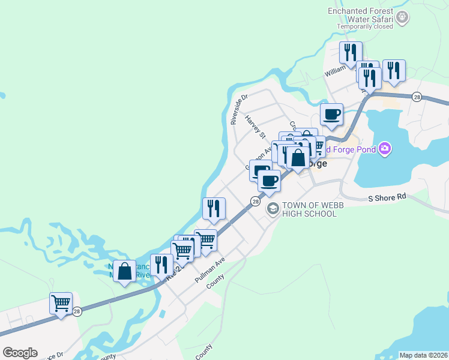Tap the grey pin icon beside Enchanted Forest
coord(403,17)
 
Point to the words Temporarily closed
coord(365,26)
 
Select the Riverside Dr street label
coord(239,109)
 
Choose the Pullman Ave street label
coord(209,271)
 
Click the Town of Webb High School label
coord(309,209)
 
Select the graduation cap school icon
coord(273,208)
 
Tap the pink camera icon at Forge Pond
coord(385,148)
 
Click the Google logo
coord(20,353)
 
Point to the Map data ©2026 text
coord(423,355)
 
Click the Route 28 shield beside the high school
coord(256,202)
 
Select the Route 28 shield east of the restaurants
coord(417,97)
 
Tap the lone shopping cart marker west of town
coord(61,303)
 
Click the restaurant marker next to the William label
coord(350,53)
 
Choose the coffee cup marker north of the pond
coord(331,114)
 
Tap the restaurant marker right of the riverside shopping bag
coord(161,265)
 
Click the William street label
coord(336,71)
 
